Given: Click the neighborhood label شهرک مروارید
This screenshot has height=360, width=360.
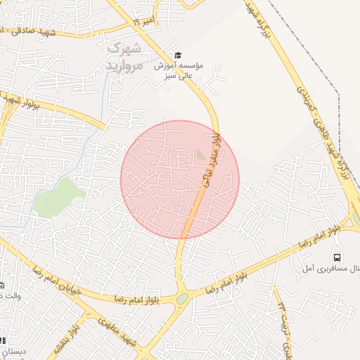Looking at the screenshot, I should click(x=124, y=57).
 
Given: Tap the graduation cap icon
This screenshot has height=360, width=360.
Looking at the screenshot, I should click(x=177, y=55).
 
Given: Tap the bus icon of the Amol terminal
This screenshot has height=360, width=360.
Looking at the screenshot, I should click(x=337, y=257).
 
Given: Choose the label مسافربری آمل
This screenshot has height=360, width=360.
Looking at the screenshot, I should click(x=323, y=269).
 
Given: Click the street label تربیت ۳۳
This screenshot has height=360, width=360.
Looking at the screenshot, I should click(x=282, y=310).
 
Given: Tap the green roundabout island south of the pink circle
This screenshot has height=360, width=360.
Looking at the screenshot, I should click(x=182, y=299).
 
